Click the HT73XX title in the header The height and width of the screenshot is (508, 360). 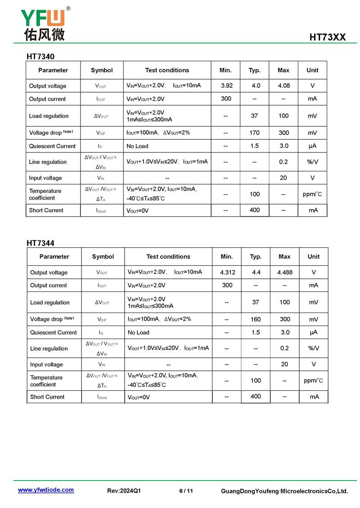pyautogui.click(x=327, y=37)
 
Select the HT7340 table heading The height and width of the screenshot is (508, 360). pyautogui.click(x=40, y=57)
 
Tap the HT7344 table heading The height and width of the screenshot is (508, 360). pyautogui.click(x=40, y=243)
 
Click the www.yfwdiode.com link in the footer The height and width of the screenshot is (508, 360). pyautogui.click(x=46, y=490)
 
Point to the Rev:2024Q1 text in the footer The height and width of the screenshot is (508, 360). pyautogui.click(x=124, y=491)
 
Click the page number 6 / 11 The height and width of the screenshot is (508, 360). pyautogui.click(x=186, y=491)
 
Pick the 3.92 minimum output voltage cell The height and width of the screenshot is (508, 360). pyautogui.click(x=227, y=86)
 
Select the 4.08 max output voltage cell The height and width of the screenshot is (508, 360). pyautogui.click(x=284, y=86)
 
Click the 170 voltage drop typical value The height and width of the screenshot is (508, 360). pyautogui.click(x=255, y=133)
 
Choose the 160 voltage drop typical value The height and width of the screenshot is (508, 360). pyautogui.click(x=256, y=320)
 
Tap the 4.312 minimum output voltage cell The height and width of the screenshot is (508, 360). pyautogui.click(x=228, y=272)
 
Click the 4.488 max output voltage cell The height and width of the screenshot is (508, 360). pyautogui.click(x=285, y=272)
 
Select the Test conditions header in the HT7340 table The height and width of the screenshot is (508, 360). pyautogui.click(x=167, y=70)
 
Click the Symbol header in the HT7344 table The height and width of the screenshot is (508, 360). pyautogui.click(x=103, y=257)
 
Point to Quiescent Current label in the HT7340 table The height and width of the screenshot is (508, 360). pyautogui.click(x=52, y=146)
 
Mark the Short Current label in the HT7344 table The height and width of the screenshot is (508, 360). pyautogui.click(x=47, y=397)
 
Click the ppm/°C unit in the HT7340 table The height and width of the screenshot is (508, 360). pyautogui.click(x=312, y=195)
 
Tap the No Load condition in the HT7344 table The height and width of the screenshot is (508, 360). pyautogui.click(x=138, y=333)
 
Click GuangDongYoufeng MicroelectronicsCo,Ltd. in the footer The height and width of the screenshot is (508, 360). pyautogui.click(x=284, y=491)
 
